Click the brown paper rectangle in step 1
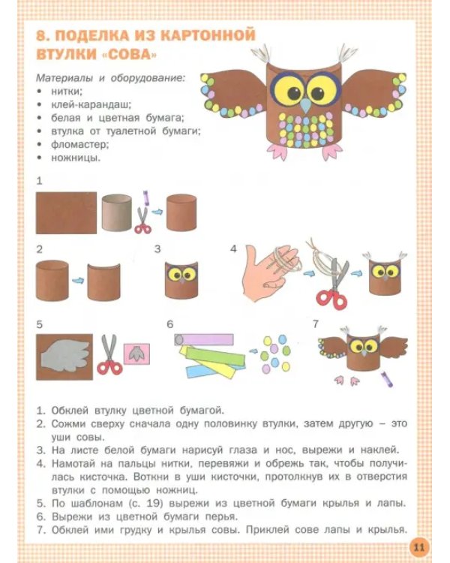coord(66,212)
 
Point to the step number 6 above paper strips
coord(170,324)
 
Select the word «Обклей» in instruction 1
coord(70,410)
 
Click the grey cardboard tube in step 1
coord(115,212)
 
